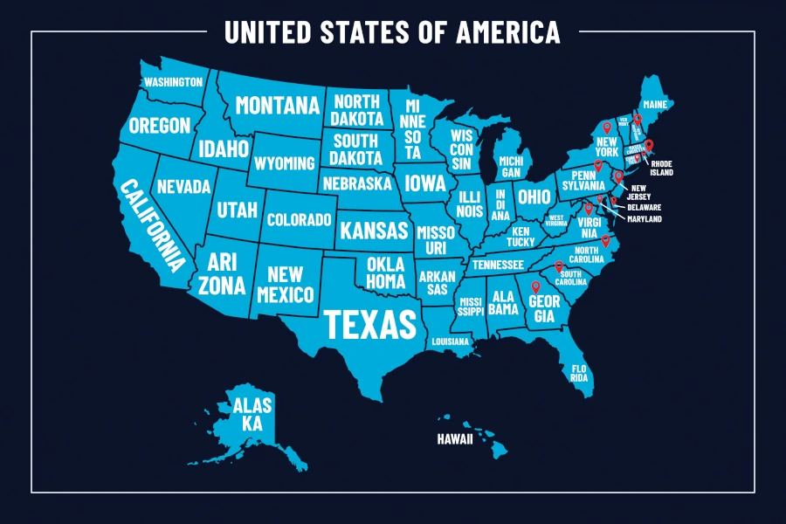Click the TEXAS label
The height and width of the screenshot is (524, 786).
369,323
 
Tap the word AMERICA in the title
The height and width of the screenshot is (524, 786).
508,32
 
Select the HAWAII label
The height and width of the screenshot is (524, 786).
454,439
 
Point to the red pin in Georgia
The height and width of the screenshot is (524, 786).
535,285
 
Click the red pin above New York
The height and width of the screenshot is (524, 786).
607,128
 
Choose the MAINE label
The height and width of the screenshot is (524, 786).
654,105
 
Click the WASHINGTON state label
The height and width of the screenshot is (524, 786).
173,82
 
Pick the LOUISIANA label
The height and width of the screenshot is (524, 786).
449,341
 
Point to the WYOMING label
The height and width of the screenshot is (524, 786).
284,163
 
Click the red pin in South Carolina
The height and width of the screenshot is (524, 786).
559,265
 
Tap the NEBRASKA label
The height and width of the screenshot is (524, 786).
356,184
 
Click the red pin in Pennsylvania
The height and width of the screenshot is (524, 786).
598,165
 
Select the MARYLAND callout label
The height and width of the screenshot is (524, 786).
644,218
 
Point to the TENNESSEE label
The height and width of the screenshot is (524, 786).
498,265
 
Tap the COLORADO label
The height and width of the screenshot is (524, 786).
299,220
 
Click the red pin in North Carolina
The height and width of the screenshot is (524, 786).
605,239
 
